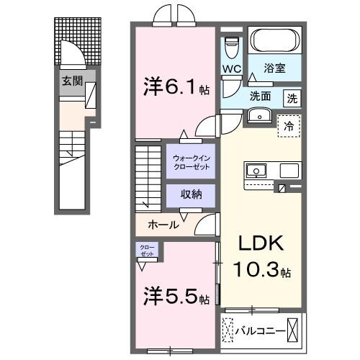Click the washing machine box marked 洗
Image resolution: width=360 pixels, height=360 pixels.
[x=292, y=98]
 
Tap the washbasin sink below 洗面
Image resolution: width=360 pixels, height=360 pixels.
[x=258, y=117]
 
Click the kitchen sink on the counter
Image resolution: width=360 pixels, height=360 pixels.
[x=256, y=171]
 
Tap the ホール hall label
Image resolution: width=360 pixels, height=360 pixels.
[x=163, y=225]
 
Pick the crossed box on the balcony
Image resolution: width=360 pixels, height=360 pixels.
[x=293, y=330]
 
